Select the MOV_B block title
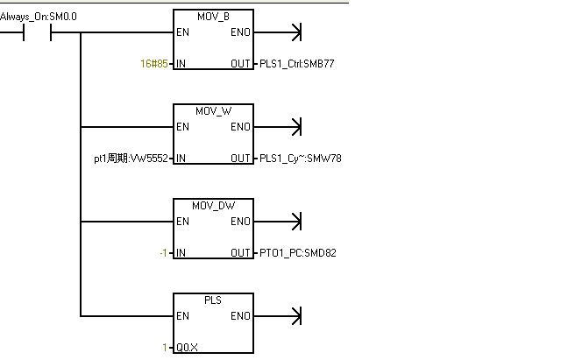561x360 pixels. click(213, 17)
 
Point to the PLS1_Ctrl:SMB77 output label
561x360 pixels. click(297, 64)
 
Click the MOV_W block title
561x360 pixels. click(213, 111)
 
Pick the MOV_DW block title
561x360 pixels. click(213, 206)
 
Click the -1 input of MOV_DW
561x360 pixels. click(163, 253)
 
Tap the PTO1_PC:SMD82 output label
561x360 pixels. click(297, 253)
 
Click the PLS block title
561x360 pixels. click(213, 300)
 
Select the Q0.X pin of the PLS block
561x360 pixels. click(187, 348)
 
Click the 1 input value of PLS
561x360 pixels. click(165, 348)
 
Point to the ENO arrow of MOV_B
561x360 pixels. click(295, 33)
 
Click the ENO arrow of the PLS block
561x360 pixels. click(295, 316)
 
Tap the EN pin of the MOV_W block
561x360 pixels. click(182, 127)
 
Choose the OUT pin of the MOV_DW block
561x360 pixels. click(240, 253)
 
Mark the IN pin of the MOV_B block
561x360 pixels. click(181, 64)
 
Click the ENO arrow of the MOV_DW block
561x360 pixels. click(295, 222)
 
